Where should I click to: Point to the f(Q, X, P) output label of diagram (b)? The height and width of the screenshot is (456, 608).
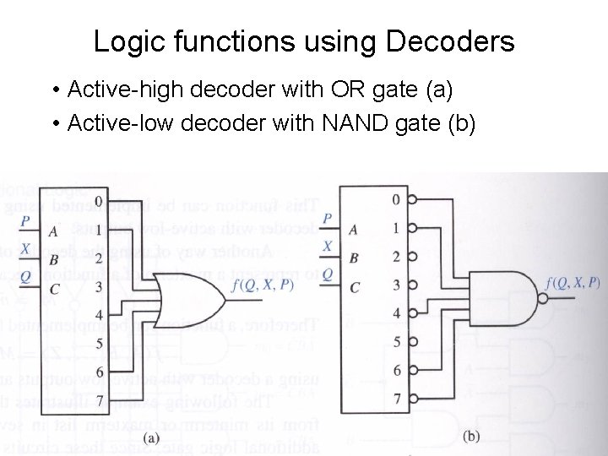click(573, 283)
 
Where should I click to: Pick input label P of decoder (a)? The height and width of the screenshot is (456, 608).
click(25, 221)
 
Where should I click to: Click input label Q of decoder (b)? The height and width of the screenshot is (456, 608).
click(328, 273)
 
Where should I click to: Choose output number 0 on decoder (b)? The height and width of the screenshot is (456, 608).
click(395, 200)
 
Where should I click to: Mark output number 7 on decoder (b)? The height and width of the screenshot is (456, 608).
click(395, 398)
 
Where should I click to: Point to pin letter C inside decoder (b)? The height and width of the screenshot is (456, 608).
click(355, 287)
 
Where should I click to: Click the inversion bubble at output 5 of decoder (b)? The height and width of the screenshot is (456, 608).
click(411, 341)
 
